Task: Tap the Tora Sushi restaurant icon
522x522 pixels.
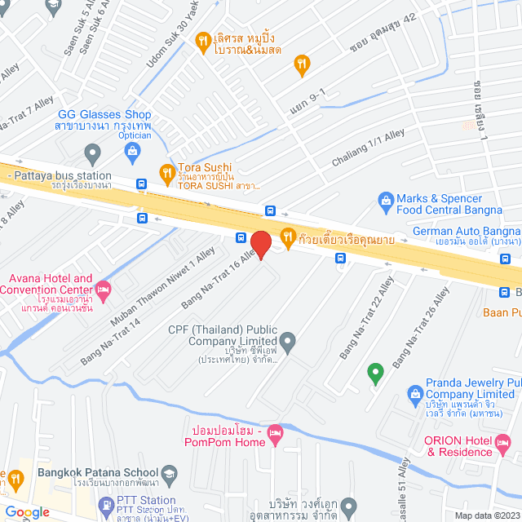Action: [x=166, y=171]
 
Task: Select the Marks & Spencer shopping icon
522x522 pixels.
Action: [x=385, y=199]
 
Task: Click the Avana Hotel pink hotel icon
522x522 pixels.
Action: [x=103, y=288]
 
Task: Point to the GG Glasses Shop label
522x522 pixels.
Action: [x=103, y=115]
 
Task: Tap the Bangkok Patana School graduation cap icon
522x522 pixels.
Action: [x=170, y=472]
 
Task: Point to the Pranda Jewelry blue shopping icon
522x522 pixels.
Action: [x=414, y=394]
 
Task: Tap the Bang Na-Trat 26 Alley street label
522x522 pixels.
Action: [x=420, y=335]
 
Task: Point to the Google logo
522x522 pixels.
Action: [x=28, y=511]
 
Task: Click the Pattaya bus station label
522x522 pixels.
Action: [x=61, y=175]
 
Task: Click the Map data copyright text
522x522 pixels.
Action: [x=486, y=515]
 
